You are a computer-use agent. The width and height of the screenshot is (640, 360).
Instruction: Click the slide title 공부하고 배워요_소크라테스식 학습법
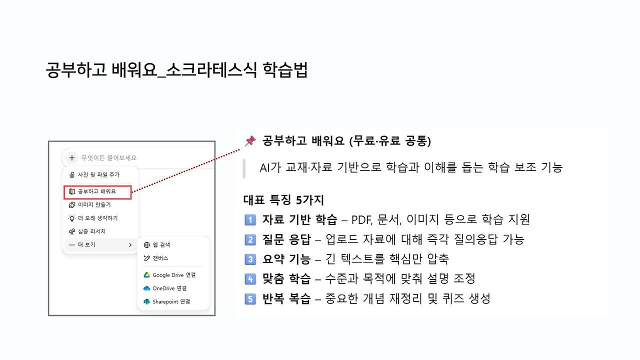176,70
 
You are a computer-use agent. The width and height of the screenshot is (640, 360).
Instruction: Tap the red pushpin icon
250,141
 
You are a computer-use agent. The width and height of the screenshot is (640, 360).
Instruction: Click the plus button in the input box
72,158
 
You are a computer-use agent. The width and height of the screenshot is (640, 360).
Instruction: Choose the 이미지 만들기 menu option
94,204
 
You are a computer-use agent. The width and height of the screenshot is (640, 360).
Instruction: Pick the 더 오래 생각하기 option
97,218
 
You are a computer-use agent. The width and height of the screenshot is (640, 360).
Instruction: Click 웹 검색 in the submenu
161,245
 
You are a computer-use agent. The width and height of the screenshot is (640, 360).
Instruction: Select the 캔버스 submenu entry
160,258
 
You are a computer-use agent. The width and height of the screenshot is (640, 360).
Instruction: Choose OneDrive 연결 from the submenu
169,288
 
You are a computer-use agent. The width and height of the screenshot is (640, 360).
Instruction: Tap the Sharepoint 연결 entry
171,302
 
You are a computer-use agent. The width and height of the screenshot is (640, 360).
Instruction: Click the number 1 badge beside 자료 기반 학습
250,219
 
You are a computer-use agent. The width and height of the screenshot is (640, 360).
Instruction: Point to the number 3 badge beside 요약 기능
250,259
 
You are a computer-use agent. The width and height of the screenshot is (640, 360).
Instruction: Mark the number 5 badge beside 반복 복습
250,299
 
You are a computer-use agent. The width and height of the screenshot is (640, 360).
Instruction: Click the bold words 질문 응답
286,239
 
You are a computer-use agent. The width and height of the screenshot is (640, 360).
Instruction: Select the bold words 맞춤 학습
286,279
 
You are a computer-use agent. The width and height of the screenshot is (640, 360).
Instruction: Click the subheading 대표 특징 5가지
283,200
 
